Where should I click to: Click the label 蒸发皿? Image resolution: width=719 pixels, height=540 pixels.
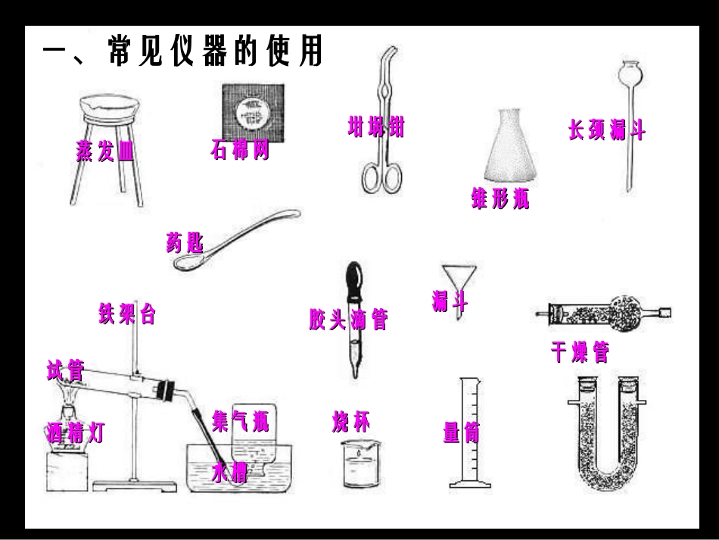coord(105,151)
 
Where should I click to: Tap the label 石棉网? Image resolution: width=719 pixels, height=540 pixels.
coord(240,151)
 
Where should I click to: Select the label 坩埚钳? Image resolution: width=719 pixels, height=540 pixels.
coord(376,127)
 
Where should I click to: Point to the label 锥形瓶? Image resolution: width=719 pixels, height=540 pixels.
coord(500,201)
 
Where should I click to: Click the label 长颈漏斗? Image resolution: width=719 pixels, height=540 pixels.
coord(607,130)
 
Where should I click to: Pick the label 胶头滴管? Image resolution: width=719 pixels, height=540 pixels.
coord(348,320)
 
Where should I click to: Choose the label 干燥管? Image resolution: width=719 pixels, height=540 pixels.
coord(580,352)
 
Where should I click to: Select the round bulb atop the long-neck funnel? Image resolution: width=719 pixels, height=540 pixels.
coord(629,74)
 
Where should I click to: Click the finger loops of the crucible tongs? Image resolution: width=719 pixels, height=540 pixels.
coord(381,176)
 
